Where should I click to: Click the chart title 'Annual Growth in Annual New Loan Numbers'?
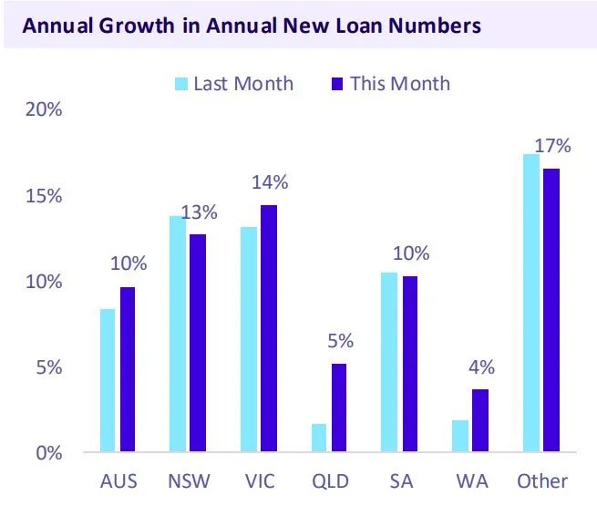tap(251, 26)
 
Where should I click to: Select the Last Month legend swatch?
tap(181, 84)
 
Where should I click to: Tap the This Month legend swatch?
tap(335, 84)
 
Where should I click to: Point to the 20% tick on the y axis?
tap(44, 110)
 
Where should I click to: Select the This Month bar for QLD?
tap(339, 408)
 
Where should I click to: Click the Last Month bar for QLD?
tap(318, 438)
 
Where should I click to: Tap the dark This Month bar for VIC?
tap(268, 328)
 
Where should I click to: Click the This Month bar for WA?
tap(480, 420)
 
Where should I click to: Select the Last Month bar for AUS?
tap(108, 380)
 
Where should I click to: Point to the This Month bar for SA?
tap(410, 364)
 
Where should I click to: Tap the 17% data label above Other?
tap(553, 145)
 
